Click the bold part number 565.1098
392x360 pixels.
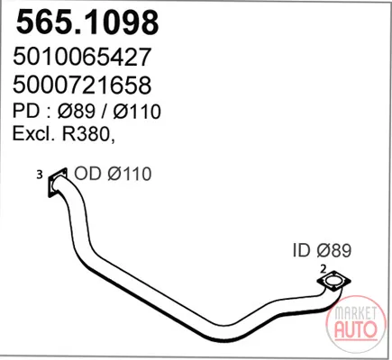coord(87,22)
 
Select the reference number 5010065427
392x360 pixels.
coord(81,58)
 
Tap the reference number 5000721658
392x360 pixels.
coord(82,85)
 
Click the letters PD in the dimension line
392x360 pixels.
coord(26,111)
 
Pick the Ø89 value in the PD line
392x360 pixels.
coord(77,111)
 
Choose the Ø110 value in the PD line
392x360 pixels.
coord(137,111)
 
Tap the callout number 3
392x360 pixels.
coord(40,175)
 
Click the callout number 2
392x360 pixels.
coord(324,269)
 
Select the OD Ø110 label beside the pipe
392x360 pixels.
coord(113,174)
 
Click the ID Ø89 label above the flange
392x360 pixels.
coord(322,250)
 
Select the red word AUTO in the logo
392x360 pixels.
coord(356,328)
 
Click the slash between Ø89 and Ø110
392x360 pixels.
coord(105,111)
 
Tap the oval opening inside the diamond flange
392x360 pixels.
coord(333,281)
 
